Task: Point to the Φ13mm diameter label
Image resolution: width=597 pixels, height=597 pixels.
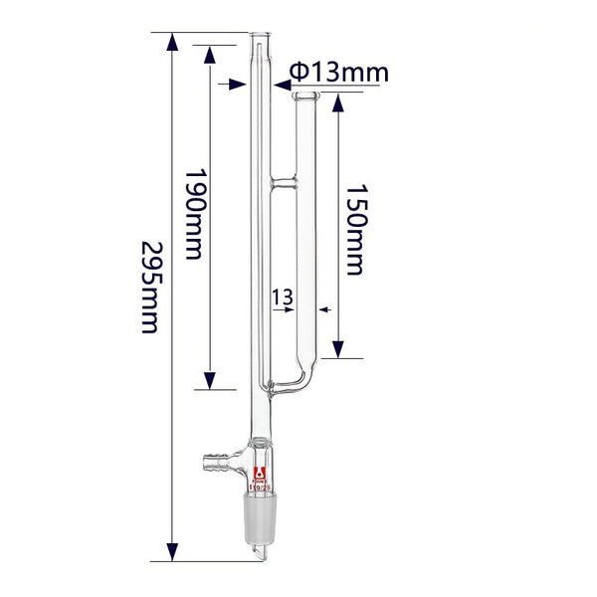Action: click(x=338, y=72)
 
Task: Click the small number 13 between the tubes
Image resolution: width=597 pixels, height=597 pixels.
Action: click(x=282, y=297)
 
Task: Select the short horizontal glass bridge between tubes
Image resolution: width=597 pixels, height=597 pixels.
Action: click(x=285, y=182)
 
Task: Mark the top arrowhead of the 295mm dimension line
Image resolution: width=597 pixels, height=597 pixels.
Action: click(x=173, y=42)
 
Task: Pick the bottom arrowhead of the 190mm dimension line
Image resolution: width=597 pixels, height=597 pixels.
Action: click(x=209, y=379)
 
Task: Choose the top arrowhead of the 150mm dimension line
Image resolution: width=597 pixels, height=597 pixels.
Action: click(x=338, y=101)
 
